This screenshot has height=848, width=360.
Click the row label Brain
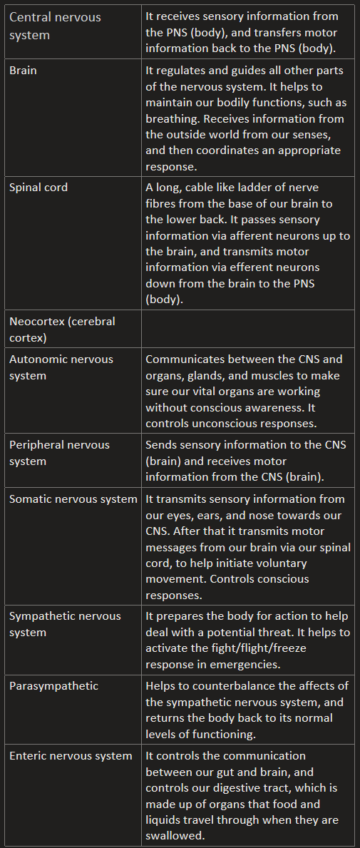(23, 71)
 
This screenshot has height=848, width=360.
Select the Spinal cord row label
(38, 188)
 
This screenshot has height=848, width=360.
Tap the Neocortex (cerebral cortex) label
(62, 330)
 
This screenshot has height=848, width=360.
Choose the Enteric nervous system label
(71, 756)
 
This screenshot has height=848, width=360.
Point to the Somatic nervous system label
(73, 499)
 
